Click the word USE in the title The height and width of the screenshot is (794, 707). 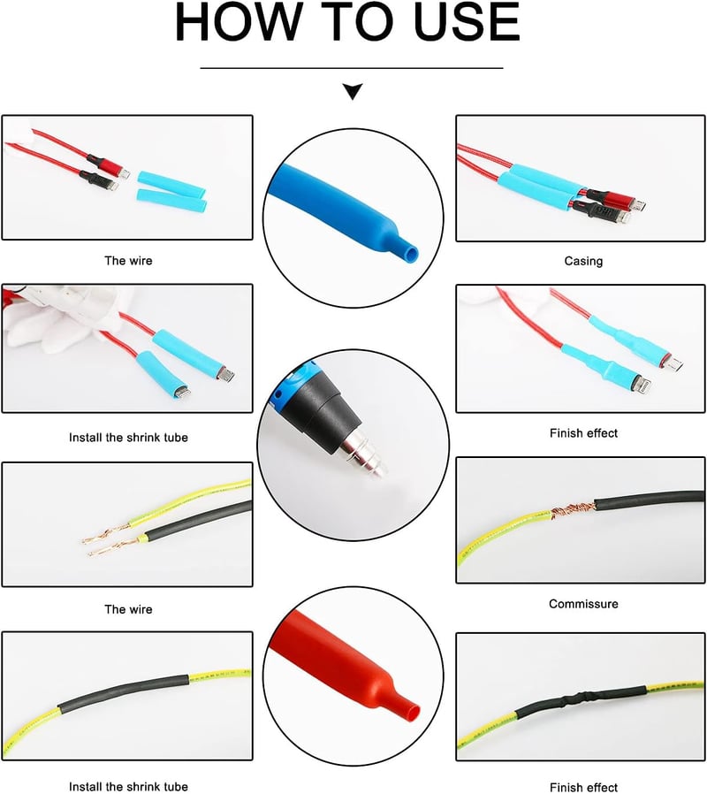click(x=466, y=22)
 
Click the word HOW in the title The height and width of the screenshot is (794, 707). click(x=238, y=22)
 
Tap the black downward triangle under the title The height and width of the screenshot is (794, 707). click(x=353, y=91)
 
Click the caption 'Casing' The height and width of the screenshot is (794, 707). click(x=583, y=261)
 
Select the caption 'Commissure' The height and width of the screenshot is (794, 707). click(x=583, y=604)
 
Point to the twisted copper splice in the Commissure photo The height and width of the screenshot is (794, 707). click(x=573, y=510)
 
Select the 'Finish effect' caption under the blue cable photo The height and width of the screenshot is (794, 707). click(x=583, y=433)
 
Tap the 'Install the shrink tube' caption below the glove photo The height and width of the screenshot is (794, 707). click(x=128, y=437)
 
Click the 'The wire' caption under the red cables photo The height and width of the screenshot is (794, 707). click(x=128, y=260)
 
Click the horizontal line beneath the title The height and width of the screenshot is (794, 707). click(x=352, y=68)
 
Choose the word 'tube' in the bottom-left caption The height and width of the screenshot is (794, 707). click(x=175, y=786)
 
